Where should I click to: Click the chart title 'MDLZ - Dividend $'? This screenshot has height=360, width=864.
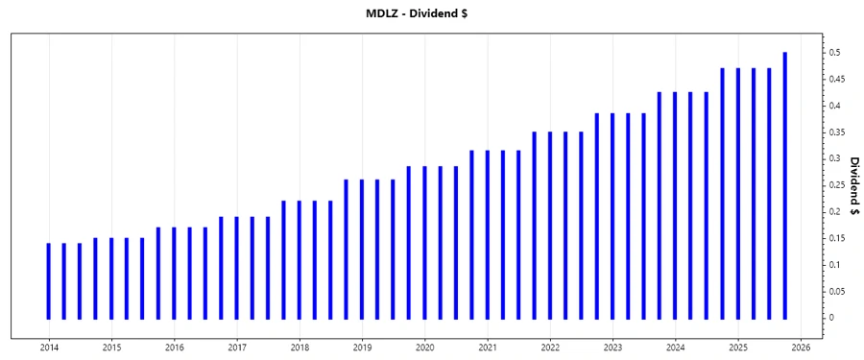pyautogui.click(x=431, y=13)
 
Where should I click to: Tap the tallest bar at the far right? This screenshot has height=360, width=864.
pyautogui.click(x=785, y=185)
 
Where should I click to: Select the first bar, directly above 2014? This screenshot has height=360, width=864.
pyautogui.click(x=49, y=280)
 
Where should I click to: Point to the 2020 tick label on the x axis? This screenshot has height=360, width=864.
pyautogui.click(x=424, y=347)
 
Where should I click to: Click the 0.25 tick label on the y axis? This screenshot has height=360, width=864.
pyautogui.click(x=836, y=185)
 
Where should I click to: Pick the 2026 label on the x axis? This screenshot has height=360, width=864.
pyautogui.click(x=801, y=347)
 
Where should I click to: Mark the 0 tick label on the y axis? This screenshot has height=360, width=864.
pyautogui.click(x=831, y=318)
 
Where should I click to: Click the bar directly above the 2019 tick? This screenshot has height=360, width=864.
pyautogui.click(x=362, y=249)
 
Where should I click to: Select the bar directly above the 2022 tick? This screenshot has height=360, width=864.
pyautogui.click(x=550, y=225)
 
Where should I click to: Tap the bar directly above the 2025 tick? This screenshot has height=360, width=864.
pyautogui.click(x=738, y=193)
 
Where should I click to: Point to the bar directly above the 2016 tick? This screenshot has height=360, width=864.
pyautogui.click(x=175, y=273)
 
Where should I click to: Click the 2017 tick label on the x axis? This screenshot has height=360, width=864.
pyautogui.click(x=237, y=347)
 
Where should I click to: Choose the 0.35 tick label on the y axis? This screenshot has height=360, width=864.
pyautogui.click(x=836, y=132)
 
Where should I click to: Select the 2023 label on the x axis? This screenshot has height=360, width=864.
pyautogui.click(x=612, y=347)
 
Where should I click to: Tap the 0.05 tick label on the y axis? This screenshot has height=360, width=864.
pyautogui.click(x=836, y=291)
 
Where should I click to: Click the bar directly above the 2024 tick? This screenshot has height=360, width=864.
pyautogui.click(x=676, y=204)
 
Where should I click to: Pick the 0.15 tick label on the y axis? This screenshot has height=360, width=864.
pyautogui.click(x=836, y=238)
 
